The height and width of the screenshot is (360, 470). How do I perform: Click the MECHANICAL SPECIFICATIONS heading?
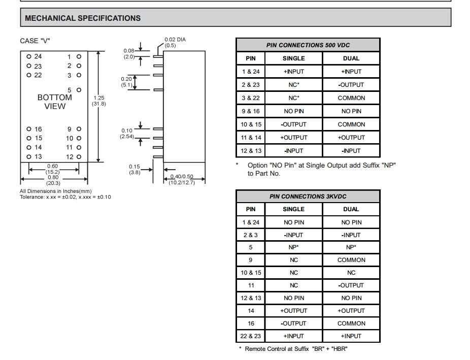[x=83, y=18]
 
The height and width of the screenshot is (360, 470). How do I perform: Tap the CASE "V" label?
[x=35, y=41]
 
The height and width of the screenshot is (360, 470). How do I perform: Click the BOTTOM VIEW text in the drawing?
[x=55, y=102]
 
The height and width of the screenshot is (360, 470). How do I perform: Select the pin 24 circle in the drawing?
[x=29, y=57]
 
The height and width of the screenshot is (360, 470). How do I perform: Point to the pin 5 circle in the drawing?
[x=79, y=90]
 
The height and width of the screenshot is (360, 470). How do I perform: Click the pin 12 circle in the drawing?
[x=79, y=157]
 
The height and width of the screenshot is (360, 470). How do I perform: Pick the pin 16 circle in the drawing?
[x=29, y=129]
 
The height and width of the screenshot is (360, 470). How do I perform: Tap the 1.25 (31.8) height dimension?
[x=98, y=101]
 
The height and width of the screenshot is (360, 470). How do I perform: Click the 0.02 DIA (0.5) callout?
[x=175, y=42]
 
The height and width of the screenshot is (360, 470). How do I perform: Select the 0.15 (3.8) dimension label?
[x=134, y=169]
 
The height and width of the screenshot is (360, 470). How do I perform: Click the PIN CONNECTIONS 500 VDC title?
[x=308, y=45]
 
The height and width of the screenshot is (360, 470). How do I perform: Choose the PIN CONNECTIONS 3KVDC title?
[x=308, y=197]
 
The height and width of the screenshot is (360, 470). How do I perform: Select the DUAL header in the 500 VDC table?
[x=351, y=58]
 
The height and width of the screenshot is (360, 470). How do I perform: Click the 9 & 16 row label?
[x=251, y=111]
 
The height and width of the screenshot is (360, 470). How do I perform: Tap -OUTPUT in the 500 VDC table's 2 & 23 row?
[x=351, y=85]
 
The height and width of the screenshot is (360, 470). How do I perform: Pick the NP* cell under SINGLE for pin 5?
[x=293, y=247]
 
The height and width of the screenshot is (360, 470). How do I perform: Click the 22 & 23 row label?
[x=251, y=336]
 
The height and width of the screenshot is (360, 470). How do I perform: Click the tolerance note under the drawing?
[x=65, y=197]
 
